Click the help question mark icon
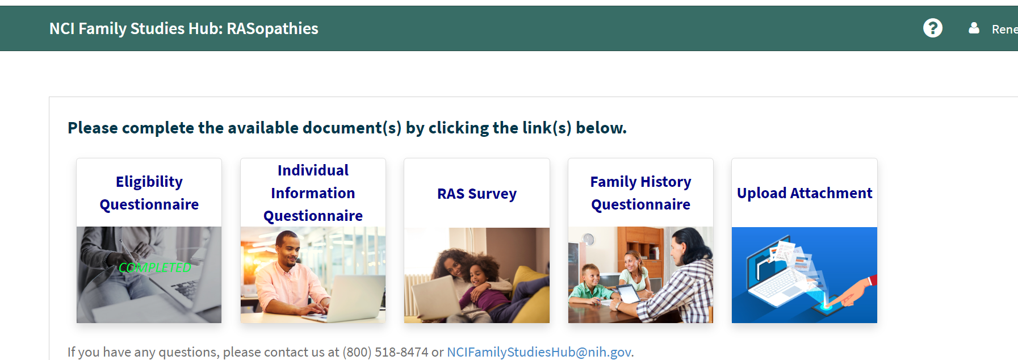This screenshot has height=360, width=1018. tap(932, 28)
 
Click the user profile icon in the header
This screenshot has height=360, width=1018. tap(974, 28)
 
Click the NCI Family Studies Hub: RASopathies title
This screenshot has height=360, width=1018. tap(184, 28)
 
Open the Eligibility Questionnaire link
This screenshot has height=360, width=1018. tap(149, 193)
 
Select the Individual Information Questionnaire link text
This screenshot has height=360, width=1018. tap(313, 193)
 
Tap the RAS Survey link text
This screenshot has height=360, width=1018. tap(477, 194)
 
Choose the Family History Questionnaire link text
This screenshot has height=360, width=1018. tap(640, 193)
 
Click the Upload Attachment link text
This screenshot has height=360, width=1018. tap(805, 193)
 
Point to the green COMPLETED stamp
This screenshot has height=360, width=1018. tap(154, 267)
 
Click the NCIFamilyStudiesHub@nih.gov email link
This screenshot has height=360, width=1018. tap(539, 352)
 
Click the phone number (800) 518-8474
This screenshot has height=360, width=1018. tap(386, 352)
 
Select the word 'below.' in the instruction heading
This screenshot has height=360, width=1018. tap(601, 128)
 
